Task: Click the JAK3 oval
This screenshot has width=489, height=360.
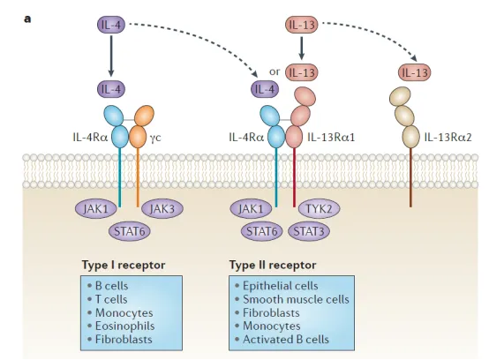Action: coord(162,208)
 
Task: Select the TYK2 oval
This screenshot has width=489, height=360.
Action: coord(319,208)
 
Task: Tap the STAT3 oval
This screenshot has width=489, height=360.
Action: coord(309,231)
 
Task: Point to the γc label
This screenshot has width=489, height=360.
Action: coord(155,138)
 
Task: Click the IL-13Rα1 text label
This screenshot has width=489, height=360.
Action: coord(331,137)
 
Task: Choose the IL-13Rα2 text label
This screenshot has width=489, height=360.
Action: coord(448,137)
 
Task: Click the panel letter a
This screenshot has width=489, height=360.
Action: coord(27,19)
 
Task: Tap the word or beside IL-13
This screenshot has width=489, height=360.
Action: coord(275,71)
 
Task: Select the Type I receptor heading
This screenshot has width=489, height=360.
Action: coord(124,265)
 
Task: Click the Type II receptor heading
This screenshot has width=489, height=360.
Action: coord(273,265)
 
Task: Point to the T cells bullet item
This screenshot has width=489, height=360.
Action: coord(108,299)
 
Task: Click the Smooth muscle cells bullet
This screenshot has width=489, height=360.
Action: coord(292,299)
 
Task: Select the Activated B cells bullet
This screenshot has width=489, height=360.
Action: coord(282,339)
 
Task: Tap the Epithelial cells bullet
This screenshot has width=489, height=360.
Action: coord(276,286)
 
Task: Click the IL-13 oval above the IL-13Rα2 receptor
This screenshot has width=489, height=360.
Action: coord(415,72)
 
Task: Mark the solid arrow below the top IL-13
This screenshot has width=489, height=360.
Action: coord(302,48)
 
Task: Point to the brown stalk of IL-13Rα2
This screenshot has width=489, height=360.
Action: coord(410,177)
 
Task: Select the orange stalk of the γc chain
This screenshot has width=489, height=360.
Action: coord(138,177)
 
